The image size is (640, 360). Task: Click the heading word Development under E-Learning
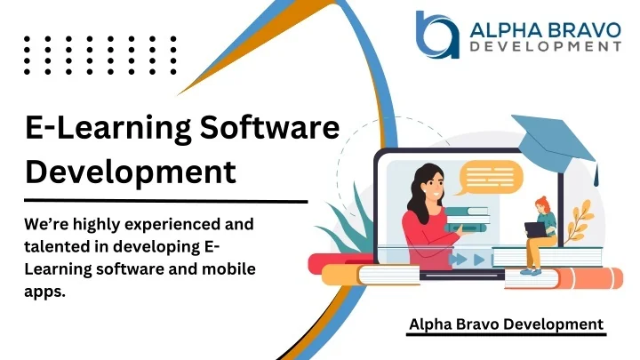click(x=131, y=171)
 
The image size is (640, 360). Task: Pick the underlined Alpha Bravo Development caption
click(x=506, y=324)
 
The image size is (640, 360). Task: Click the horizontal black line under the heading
click(x=165, y=201)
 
